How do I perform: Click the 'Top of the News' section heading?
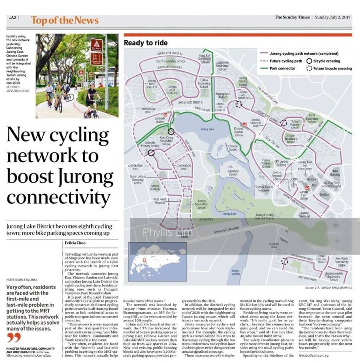pyautogui.click(x=64, y=20)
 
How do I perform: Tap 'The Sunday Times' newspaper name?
pyautogui.click(x=292, y=17)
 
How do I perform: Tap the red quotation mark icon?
pyautogui.click(x=14, y=337)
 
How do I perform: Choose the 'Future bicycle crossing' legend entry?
pyautogui.click(x=332, y=68)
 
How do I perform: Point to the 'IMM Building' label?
pyautogui.click(x=335, y=173)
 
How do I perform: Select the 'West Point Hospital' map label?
pyautogui.click(x=159, y=201)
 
